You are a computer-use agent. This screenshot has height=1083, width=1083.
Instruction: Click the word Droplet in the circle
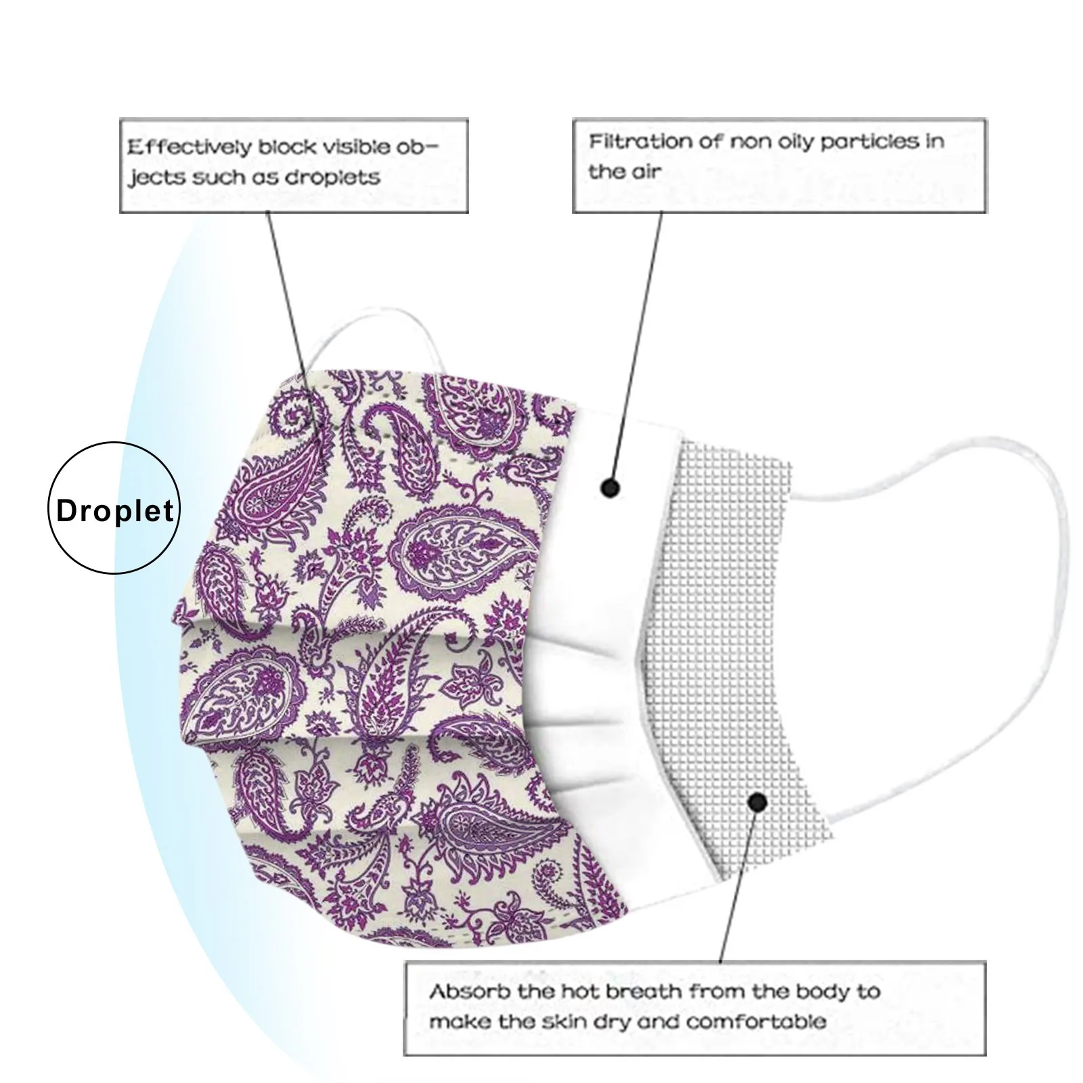point(114,510)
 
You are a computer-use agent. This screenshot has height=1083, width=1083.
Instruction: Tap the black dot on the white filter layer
point(611,487)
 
